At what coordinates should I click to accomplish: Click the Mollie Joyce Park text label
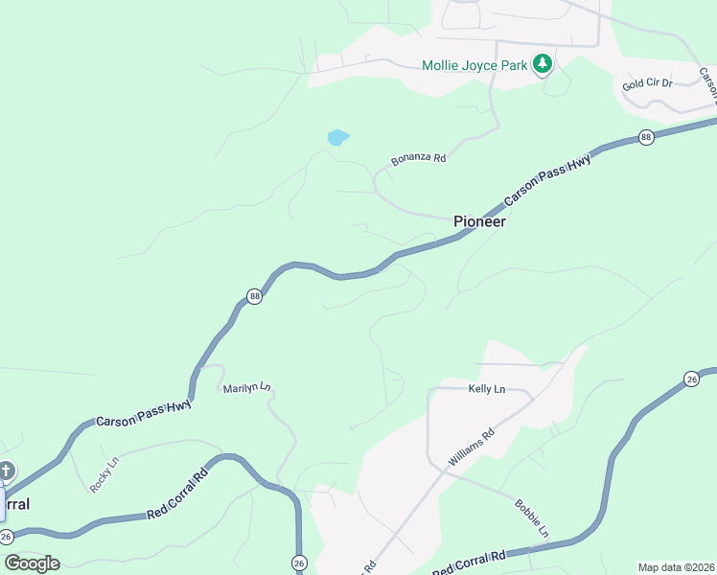click(x=475, y=66)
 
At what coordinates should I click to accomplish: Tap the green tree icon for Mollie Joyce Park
click(x=544, y=64)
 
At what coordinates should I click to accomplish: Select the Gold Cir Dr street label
click(x=647, y=84)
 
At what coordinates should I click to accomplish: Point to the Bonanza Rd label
click(x=419, y=159)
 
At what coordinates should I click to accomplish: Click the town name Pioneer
click(x=479, y=221)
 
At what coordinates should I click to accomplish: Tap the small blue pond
click(x=337, y=137)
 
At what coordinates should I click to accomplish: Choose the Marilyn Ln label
click(x=247, y=387)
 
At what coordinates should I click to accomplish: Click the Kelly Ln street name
click(x=486, y=389)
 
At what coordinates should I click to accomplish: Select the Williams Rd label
click(x=471, y=448)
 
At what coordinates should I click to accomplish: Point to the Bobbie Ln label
click(x=532, y=517)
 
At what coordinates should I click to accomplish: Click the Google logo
click(x=32, y=563)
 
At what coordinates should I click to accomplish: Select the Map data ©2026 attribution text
click(x=676, y=567)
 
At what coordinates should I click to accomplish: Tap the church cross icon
click(x=7, y=471)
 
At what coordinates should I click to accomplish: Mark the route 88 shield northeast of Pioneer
click(x=646, y=138)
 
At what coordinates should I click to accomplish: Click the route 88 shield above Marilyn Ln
click(x=254, y=296)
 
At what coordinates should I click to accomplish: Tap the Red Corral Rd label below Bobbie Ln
click(x=469, y=564)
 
